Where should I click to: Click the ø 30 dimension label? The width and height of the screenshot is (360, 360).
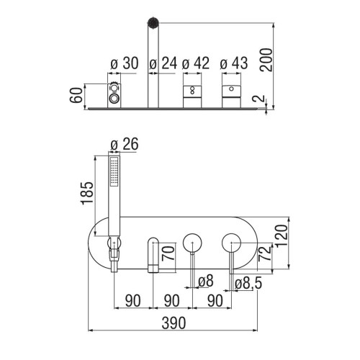125,63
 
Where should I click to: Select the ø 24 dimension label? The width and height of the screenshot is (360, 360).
163,63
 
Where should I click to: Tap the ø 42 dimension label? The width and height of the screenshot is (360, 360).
196,63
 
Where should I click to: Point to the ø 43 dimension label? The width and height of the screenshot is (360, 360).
234,63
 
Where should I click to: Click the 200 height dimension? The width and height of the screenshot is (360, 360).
266,60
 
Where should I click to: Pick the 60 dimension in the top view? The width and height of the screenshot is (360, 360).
76,95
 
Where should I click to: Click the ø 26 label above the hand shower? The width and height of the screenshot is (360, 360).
125,144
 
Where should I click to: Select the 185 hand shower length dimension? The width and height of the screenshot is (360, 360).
87,193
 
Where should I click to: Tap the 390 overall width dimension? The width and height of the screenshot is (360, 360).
174,323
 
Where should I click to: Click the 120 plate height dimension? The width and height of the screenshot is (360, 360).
282,235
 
